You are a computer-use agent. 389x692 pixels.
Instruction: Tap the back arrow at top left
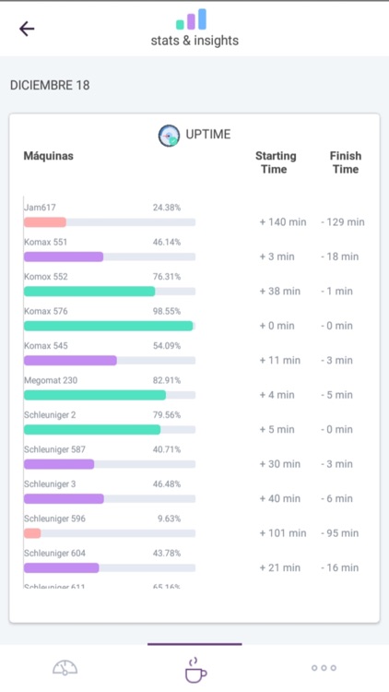click(27, 28)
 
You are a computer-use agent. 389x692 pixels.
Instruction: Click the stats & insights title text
click(194, 41)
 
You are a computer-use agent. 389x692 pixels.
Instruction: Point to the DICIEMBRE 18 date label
click(50, 85)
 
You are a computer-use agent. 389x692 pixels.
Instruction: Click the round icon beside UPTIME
click(170, 135)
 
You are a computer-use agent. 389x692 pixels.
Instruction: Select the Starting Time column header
click(276, 162)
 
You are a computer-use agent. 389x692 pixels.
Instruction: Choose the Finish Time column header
click(345, 162)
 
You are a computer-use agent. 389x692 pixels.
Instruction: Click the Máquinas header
click(48, 156)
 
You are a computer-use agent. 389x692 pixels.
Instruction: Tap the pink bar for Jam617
click(45, 222)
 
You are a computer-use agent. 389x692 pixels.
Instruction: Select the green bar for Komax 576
click(108, 326)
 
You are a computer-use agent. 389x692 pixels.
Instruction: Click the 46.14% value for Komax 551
click(167, 242)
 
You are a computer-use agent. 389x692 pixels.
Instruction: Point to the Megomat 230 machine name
click(51, 380)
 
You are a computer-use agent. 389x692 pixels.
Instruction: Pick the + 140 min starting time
click(280, 222)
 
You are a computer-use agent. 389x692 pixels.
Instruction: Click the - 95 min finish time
click(343, 533)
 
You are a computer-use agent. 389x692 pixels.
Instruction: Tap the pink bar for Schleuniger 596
click(32, 533)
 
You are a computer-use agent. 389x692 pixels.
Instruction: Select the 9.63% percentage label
click(169, 519)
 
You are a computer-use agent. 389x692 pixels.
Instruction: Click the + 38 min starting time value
click(280, 292)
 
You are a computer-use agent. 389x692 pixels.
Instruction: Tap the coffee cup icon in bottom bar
click(194, 670)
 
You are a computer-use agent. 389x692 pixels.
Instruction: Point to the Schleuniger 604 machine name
click(55, 553)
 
